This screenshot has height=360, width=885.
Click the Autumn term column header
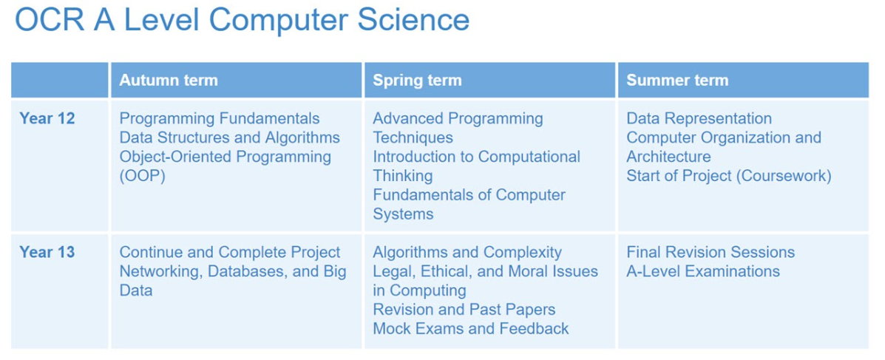tap(168, 80)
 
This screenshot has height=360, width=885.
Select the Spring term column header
tap(417, 80)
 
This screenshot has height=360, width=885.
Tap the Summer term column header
tap(677, 80)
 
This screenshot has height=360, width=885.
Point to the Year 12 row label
tap(47, 118)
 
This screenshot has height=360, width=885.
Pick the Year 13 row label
tap(47, 252)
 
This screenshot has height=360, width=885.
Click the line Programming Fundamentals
tap(220, 118)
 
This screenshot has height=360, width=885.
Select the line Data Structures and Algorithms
tap(230, 137)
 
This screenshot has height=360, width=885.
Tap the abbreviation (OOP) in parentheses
tap(141, 176)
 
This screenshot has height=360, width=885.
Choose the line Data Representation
tap(699, 118)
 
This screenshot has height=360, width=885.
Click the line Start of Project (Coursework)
tap(729, 176)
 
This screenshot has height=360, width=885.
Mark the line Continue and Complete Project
tap(230, 252)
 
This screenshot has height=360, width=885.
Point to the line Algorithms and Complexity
tap(467, 252)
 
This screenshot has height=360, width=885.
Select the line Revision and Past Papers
tap(464, 309)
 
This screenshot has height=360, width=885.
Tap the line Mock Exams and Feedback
tap(471, 328)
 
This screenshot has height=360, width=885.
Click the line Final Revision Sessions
tap(711, 252)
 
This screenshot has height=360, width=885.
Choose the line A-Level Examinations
tap(702, 271)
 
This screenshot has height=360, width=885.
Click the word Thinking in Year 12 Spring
tap(402, 176)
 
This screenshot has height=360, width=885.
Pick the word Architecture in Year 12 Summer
tap(668, 156)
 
